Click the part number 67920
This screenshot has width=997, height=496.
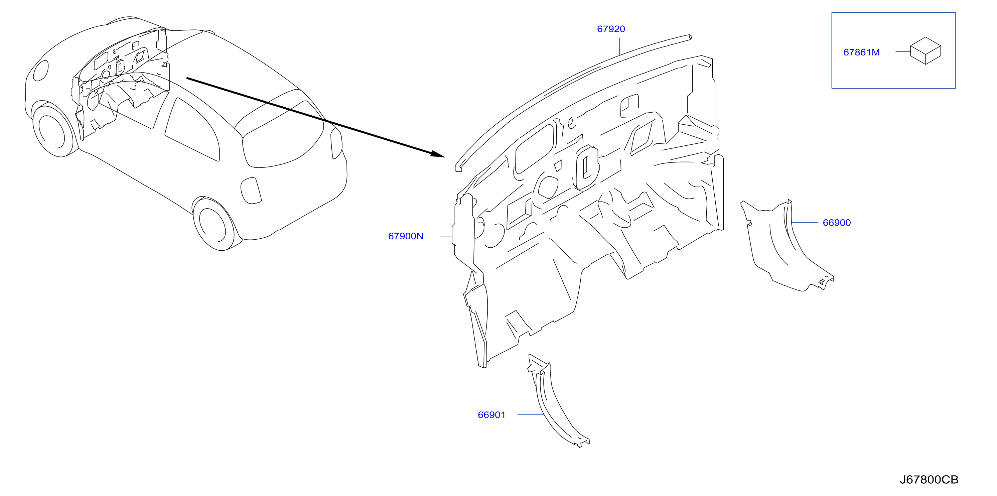(611, 29)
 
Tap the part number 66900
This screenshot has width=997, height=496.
(836, 223)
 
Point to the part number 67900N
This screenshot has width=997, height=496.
(406, 236)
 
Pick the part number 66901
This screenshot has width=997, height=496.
(491, 415)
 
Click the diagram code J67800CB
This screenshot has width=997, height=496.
(929, 480)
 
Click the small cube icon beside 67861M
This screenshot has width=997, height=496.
(925, 51)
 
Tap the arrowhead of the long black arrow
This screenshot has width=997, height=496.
(437, 154)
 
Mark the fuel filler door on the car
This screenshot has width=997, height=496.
(251, 191)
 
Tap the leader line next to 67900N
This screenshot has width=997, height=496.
(446, 236)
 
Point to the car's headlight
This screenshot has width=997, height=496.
(41, 71)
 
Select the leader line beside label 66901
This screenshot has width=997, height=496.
(531, 415)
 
